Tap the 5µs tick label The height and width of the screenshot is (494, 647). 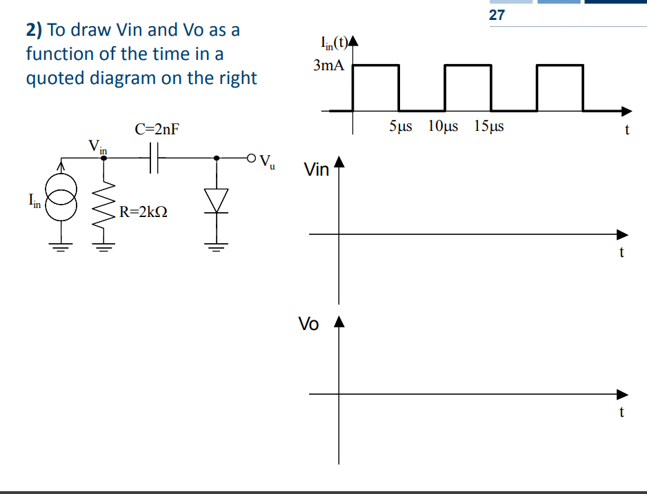401,127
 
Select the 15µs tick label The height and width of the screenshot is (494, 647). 489,127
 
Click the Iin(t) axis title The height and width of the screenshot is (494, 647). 334,46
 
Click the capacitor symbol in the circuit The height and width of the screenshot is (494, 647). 155,158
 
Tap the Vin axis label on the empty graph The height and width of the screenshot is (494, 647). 317,169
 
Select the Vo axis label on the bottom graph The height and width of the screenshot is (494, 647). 308,324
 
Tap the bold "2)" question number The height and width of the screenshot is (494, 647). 34,30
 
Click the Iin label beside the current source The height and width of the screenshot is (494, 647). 34,200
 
